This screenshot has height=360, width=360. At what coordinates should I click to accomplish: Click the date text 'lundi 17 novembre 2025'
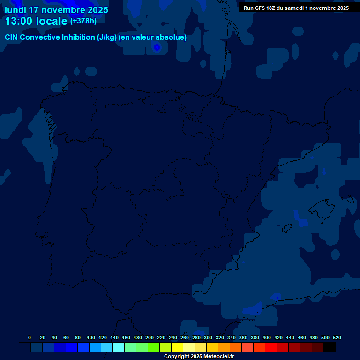(x=56, y=10)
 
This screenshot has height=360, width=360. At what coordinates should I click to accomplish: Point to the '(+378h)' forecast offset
(x=83, y=21)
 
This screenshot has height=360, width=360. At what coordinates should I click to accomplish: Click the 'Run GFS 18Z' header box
(x=296, y=8)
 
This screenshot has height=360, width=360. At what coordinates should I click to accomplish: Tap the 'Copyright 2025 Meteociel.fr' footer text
(x=199, y=356)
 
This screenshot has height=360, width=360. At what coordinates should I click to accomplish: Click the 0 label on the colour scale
(x=30, y=337)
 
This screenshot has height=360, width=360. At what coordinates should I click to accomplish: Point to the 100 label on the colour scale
(x=91, y=337)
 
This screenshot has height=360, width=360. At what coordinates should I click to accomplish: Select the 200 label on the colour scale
(x=150, y=337)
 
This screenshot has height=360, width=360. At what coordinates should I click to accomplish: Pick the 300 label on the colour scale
(x=208, y=337)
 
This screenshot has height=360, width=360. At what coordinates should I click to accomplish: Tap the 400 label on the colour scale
(x=267, y=337)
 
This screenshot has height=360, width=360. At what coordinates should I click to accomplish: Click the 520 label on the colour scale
(x=337, y=337)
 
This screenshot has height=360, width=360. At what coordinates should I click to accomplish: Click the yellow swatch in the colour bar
(x=177, y=347)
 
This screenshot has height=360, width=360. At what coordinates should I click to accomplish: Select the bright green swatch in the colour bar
(x=154, y=347)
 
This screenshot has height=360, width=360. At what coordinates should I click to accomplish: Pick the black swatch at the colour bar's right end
(x=330, y=347)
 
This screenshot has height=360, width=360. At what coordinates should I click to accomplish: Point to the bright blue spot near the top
(x=157, y=47)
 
